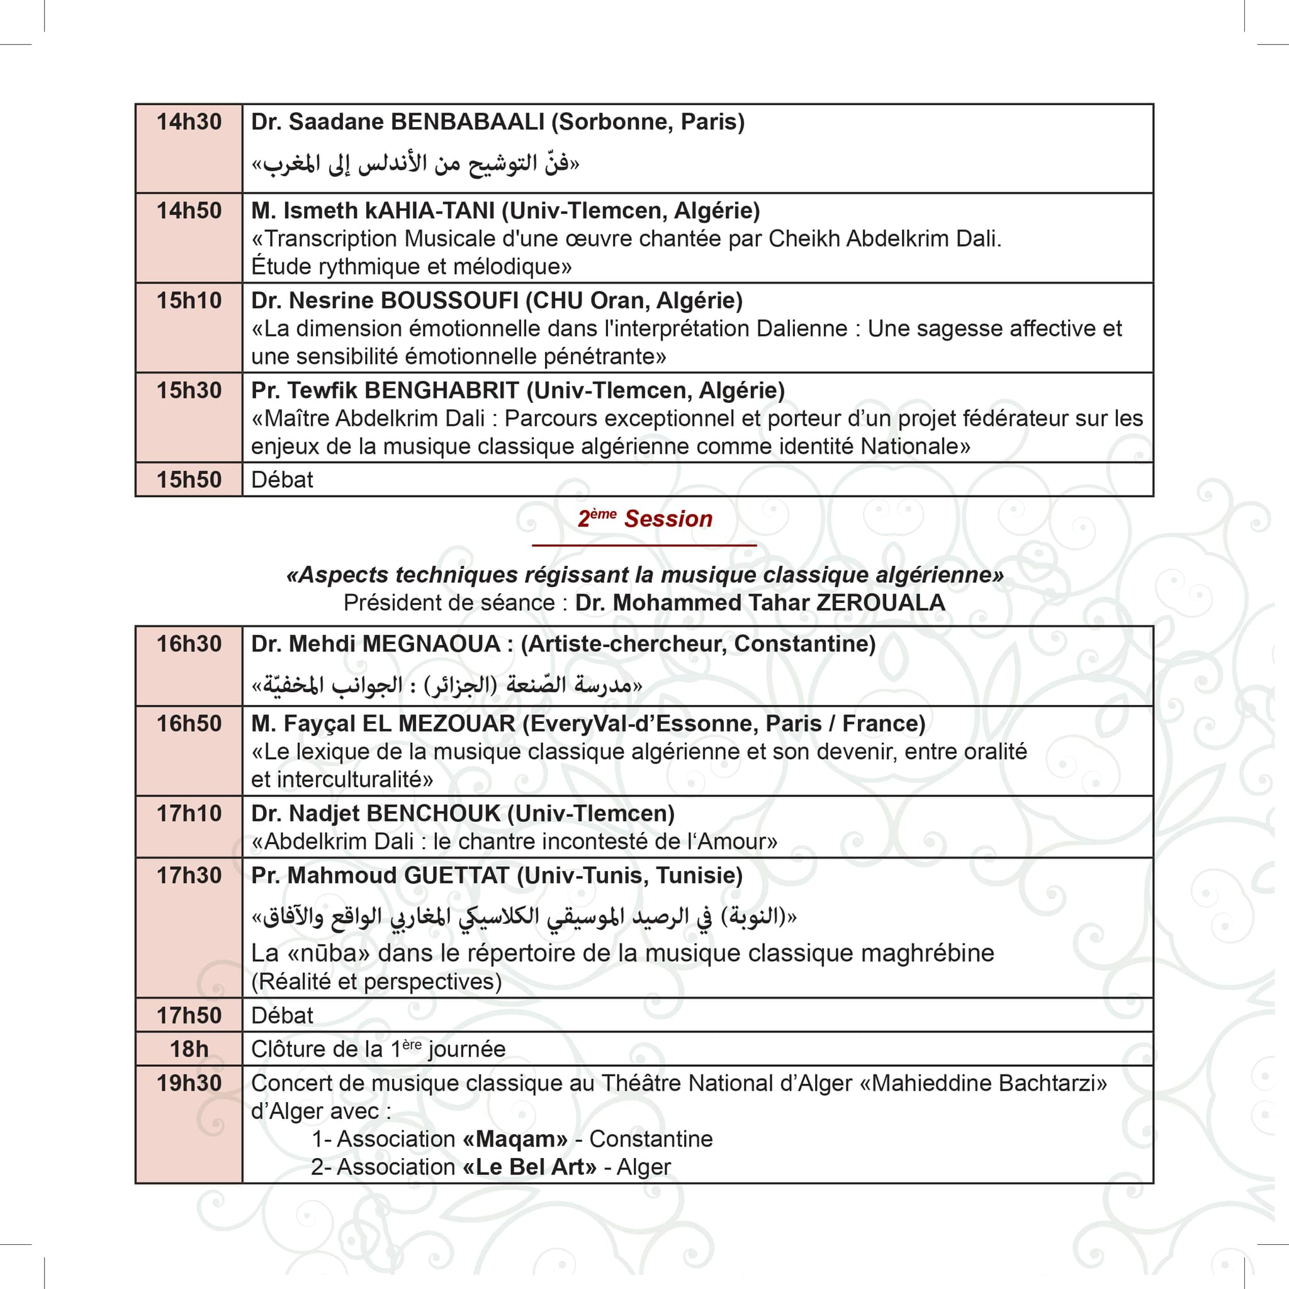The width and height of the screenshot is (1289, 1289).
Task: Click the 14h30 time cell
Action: point(189,122)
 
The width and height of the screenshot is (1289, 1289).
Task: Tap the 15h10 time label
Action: point(189,301)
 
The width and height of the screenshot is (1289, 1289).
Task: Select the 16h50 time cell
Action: point(189,724)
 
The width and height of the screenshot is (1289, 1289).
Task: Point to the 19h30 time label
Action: point(189,1083)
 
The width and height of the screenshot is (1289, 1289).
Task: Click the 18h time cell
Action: point(189,1049)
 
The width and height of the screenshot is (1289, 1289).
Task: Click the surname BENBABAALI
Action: point(467,122)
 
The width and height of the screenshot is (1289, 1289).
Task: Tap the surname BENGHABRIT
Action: point(442,390)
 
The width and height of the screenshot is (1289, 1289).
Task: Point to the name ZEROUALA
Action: point(881,602)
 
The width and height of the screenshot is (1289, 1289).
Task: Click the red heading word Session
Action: point(668,519)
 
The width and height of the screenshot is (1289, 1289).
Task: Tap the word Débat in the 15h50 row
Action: point(281,480)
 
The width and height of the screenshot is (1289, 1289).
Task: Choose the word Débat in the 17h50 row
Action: point(281,1015)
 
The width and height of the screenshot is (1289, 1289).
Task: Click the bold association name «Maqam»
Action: point(514,1139)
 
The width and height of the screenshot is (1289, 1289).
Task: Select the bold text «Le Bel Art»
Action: point(529,1167)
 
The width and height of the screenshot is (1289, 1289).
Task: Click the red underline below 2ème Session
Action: point(644,545)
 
